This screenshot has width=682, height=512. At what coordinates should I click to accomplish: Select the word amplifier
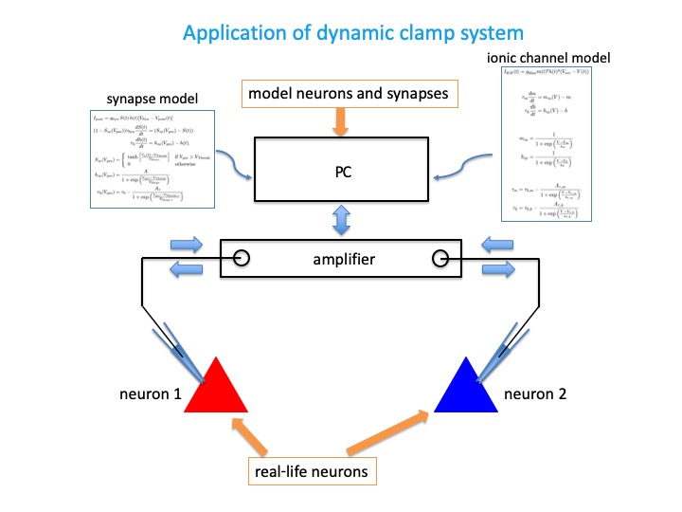click(343, 258)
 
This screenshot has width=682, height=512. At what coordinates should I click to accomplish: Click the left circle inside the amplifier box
click(242, 258)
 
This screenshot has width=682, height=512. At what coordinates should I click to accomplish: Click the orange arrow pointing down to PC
click(341, 121)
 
